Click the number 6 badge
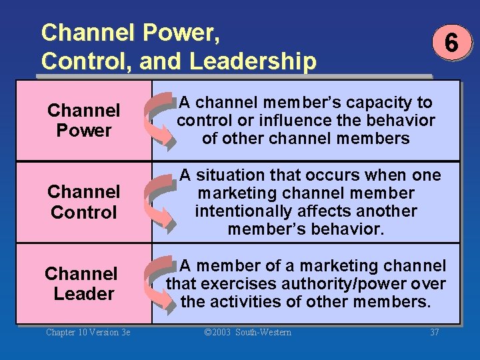coord(451,44)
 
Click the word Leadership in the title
coord(253,61)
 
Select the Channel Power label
coord(84,120)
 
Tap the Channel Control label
coord(84,202)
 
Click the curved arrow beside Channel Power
coord(160,121)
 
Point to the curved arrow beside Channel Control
coord(160,202)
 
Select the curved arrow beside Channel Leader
coord(160,284)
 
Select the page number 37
coord(435,332)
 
